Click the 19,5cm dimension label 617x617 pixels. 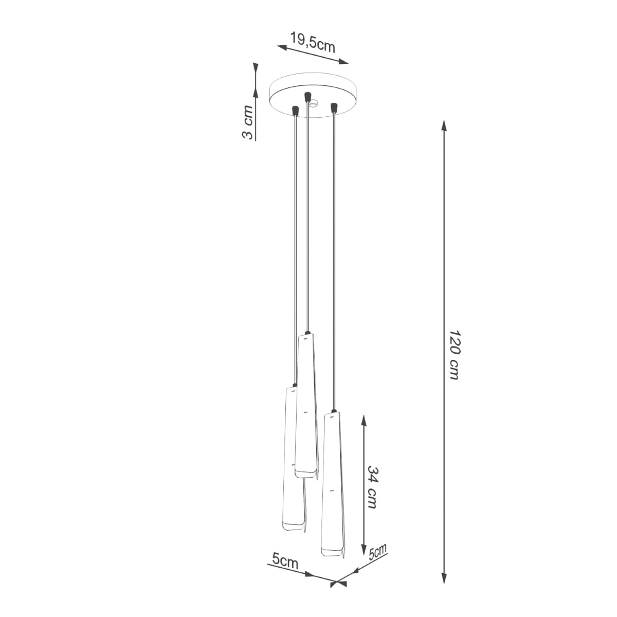[x=313, y=43]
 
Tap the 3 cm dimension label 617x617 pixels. [x=247, y=122]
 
